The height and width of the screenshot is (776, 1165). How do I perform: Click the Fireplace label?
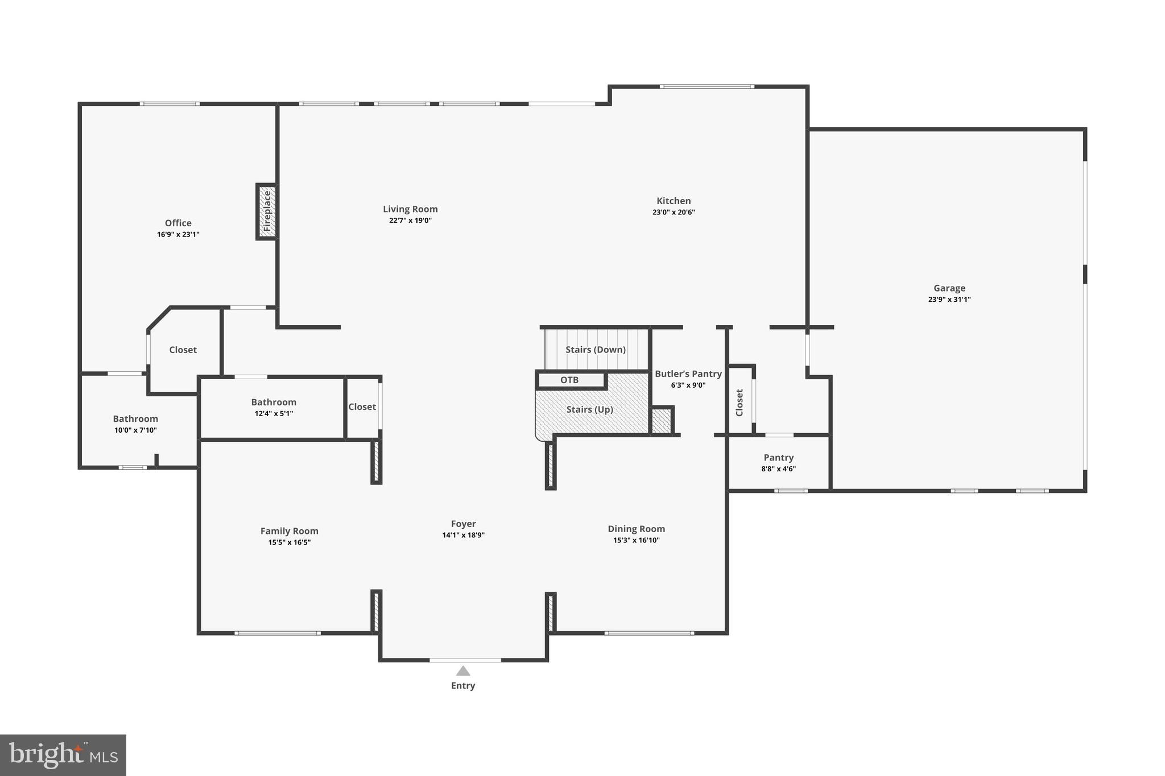(267, 211)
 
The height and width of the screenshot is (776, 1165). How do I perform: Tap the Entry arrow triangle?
(463, 671)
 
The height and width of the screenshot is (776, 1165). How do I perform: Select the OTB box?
(569, 380)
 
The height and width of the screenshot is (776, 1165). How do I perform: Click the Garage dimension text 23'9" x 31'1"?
(949, 300)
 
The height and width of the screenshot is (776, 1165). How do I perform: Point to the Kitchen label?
(674, 201)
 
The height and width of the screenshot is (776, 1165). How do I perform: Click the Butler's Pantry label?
(688, 374)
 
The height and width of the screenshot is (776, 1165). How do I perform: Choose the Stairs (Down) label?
(595, 350)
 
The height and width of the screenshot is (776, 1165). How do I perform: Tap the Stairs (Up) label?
(589, 409)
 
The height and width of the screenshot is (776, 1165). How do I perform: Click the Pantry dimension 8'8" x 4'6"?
(778, 469)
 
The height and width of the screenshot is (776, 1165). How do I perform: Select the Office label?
(178, 223)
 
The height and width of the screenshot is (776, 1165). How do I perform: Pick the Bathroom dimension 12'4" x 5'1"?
(274, 413)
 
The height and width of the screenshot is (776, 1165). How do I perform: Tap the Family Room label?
(289, 531)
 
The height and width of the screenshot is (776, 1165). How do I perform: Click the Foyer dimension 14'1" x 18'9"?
(463, 535)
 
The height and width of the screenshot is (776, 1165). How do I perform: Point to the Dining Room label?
(636, 529)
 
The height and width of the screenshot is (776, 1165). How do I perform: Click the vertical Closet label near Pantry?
(740, 402)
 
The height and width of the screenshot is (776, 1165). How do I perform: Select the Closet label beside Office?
(183, 350)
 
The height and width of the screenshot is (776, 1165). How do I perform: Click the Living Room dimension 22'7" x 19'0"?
(410, 221)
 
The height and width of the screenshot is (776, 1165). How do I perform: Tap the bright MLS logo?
(63, 755)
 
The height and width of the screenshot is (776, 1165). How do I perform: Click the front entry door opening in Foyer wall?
(465, 660)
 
